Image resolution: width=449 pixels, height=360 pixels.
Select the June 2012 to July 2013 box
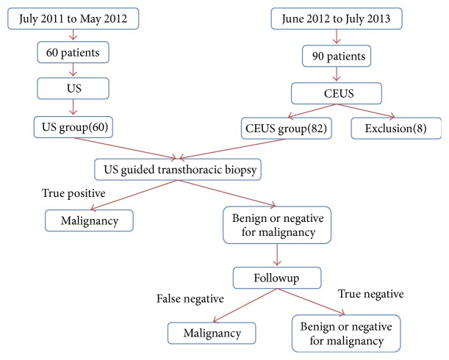click(x=336, y=18)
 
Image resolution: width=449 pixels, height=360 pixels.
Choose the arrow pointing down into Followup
click(x=276, y=254)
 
